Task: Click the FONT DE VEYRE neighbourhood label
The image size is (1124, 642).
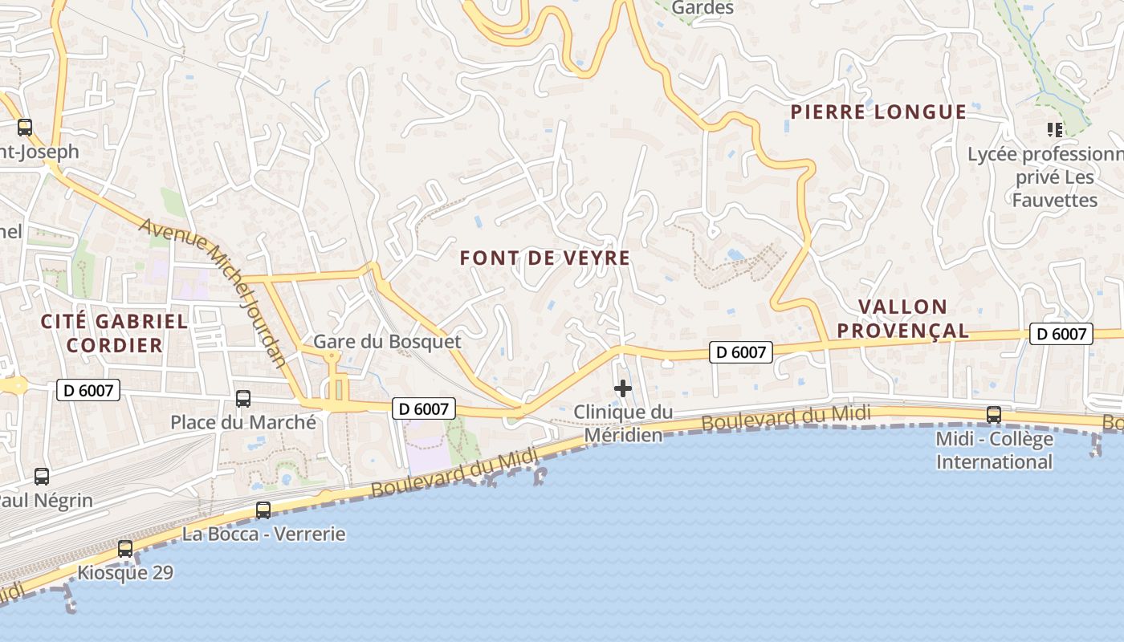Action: (x=544, y=258)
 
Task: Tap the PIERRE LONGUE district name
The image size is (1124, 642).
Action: (x=878, y=112)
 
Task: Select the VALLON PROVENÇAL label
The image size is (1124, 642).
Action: (x=914, y=319)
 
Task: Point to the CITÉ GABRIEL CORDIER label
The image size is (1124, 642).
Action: (x=114, y=334)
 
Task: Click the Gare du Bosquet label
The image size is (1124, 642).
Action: (x=387, y=342)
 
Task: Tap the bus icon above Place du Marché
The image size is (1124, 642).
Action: (x=242, y=398)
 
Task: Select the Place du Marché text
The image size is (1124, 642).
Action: (x=242, y=422)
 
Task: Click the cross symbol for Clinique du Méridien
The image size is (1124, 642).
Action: (x=622, y=389)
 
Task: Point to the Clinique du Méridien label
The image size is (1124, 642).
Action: (x=623, y=424)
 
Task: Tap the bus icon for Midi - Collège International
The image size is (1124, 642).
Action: (x=993, y=415)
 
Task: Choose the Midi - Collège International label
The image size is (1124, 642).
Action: (x=994, y=451)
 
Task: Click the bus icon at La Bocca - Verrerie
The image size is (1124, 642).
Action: (x=263, y=510)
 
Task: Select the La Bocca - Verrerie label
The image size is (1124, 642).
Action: (x=263, y=534)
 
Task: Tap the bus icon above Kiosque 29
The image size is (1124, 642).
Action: (x=125, y=549)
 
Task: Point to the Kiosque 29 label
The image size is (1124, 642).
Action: (x=124, y=573)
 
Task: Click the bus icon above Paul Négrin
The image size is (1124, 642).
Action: (x=42, y=476)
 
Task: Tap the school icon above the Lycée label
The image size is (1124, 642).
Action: (x=1054, y=129)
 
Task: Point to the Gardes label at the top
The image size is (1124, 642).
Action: (x=702, y=8)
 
